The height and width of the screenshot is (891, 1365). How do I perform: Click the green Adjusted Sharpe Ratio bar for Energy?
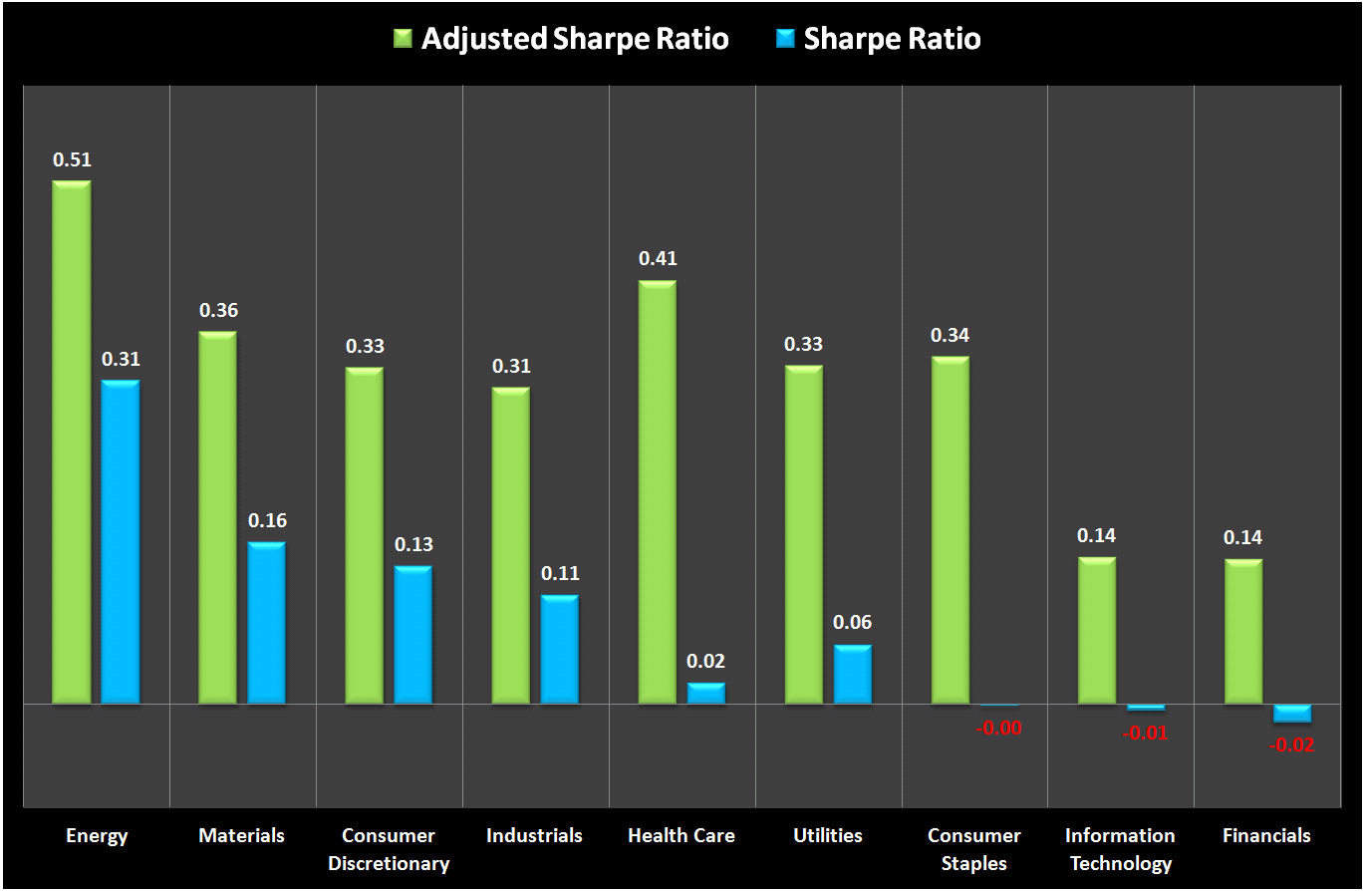72,443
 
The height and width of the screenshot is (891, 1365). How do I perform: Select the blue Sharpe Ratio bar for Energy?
121,542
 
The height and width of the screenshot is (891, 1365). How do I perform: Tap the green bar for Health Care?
658,492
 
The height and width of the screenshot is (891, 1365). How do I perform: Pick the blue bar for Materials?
267,624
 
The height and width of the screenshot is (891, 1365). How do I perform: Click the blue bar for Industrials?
560,650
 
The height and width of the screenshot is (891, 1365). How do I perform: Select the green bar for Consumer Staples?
951,530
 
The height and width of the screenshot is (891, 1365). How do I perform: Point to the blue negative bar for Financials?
1292,714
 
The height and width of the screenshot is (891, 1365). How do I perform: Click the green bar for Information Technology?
1097,631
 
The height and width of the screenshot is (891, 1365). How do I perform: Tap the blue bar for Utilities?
853,675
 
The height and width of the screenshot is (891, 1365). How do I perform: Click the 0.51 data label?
72,159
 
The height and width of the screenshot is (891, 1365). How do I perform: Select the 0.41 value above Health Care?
658,259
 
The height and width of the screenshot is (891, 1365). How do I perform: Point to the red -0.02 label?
1292,744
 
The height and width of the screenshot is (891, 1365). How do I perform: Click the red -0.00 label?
999,729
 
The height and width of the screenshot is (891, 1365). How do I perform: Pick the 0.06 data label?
853,623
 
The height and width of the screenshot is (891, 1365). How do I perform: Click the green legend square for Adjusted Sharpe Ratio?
403,40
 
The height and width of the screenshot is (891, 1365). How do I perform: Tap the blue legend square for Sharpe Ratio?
785,40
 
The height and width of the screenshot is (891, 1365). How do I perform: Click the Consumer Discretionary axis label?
389,849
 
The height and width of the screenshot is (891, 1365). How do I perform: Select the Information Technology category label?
1121,849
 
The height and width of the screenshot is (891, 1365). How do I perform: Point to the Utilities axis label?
828,835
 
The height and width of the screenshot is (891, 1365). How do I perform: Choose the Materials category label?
242,835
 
